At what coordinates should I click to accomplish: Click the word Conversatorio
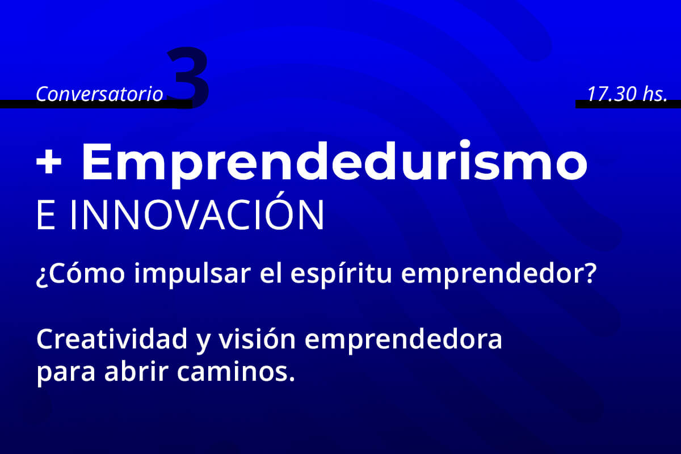pos(99,94)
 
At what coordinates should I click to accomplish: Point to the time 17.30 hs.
pos(628,94)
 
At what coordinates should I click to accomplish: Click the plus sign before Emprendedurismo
pos(49,162)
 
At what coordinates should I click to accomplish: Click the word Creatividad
pos(112,339)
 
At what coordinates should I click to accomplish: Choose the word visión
pos(257,339)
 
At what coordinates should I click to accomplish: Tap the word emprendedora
pos(403,340)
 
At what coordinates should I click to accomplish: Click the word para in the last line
pos(66,374)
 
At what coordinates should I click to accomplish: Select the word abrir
pos(136,371)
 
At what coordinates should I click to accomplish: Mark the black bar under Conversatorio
pos(96,104)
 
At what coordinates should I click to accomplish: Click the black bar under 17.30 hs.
pos(628,104)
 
